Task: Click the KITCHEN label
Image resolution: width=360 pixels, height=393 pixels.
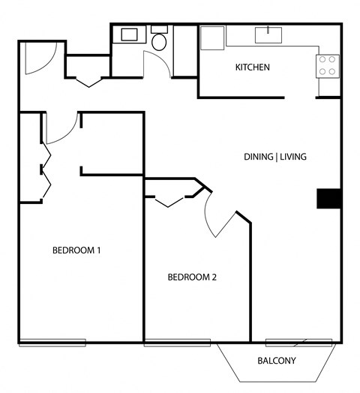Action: [x=252, y=67]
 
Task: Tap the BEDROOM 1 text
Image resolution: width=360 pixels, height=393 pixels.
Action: [x=76, y=250]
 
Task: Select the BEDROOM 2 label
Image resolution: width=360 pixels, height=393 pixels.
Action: [x=191, y=277]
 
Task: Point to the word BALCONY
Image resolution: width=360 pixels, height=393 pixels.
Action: [x=277, y=361]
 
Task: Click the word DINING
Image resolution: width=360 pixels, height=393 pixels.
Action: [x=259, y=157]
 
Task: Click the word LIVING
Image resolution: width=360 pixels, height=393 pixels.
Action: [x=294, y=157]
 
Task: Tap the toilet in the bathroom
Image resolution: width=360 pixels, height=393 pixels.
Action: [x=159, y=40]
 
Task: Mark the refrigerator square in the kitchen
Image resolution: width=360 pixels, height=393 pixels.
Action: [x=212, y=37]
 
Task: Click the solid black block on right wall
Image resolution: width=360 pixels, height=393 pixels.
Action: [x=329, y=198]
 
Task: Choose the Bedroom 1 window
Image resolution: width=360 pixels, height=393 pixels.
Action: [x=52, y=343]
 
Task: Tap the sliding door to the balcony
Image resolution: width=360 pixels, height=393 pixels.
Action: [x=298, y=343]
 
